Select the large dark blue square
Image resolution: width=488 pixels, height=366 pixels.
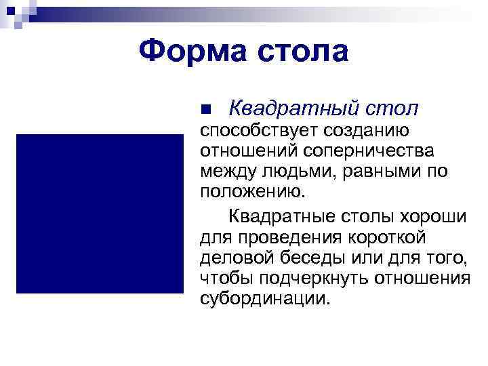(100, 213)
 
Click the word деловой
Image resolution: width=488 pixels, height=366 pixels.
(235, 258)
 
